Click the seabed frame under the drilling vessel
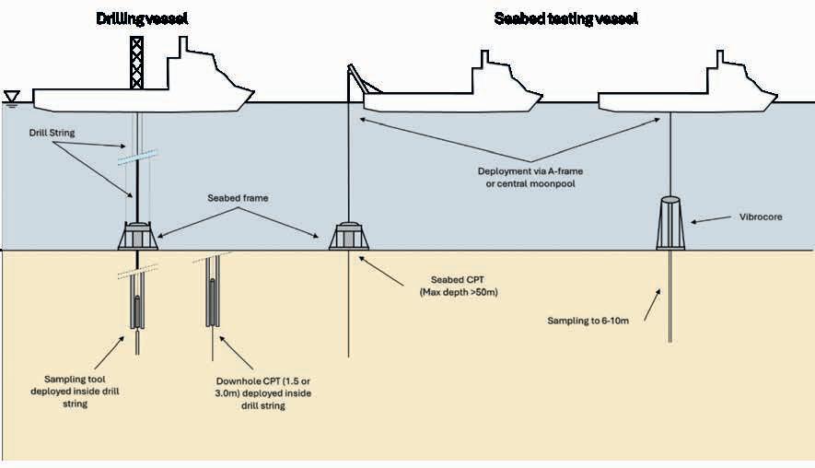pos(137,237)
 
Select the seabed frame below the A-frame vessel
pos(349,236)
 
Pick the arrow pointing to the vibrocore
pos(710,219)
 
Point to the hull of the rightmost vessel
pos(686,100)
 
